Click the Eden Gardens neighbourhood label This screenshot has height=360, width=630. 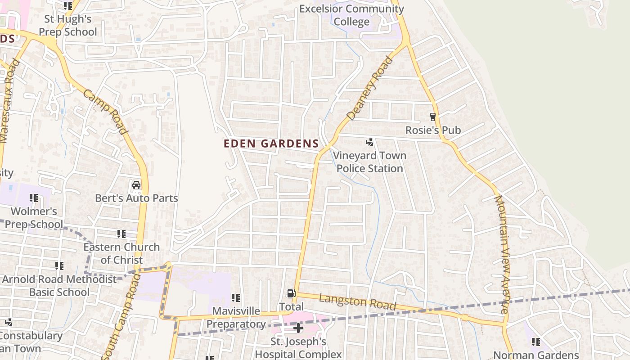click(x=271, y=144)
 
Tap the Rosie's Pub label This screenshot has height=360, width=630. click(x=433, y=130)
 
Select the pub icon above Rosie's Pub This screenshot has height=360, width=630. click(x=433, y=117)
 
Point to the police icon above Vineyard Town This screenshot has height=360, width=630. click(x=370, y=143)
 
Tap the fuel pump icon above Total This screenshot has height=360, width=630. click(x=291, y=294)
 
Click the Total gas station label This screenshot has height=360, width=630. click(x=291, y=307)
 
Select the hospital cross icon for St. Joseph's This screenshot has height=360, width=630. click(x=298, y=328)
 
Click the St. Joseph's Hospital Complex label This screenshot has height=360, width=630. click(x=298, y=348)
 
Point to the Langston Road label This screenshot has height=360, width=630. click(x=357, y=301)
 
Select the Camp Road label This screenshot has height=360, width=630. click(x=104, y=111)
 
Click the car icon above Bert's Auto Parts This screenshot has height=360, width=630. click(x=136, y=185)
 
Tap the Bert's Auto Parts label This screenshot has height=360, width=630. click(x=136, y=198)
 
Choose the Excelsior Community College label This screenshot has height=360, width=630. click(x=351, y=15)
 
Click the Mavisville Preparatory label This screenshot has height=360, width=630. click(x=236, y=317)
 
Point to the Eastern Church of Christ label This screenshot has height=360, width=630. click(x=121, y=253)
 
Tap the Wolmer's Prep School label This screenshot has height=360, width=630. click(x=34, y=217)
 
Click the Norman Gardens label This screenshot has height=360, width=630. click(x=536, y=355)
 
